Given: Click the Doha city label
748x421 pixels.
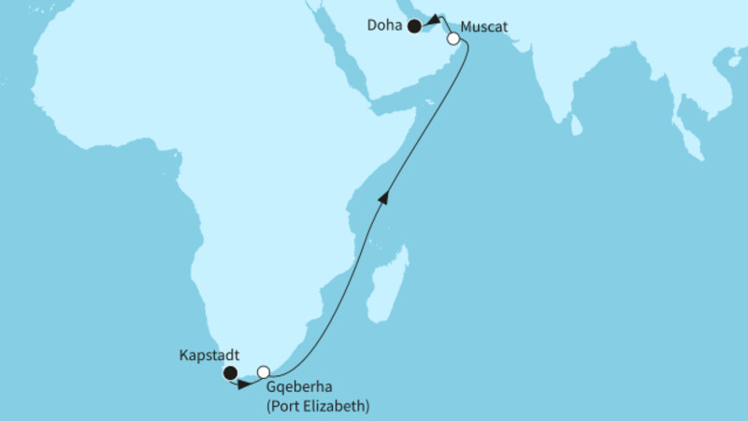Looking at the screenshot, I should (385, 27).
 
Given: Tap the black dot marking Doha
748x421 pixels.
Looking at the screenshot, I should (414, 27).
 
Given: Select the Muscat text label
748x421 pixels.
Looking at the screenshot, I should (485, 27).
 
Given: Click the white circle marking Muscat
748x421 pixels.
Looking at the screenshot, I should (453, 39).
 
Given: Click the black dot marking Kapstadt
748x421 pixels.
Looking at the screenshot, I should (230, 374).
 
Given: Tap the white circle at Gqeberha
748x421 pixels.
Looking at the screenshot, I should (264, 372).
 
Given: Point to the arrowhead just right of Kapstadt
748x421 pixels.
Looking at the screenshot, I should (245, 383).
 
